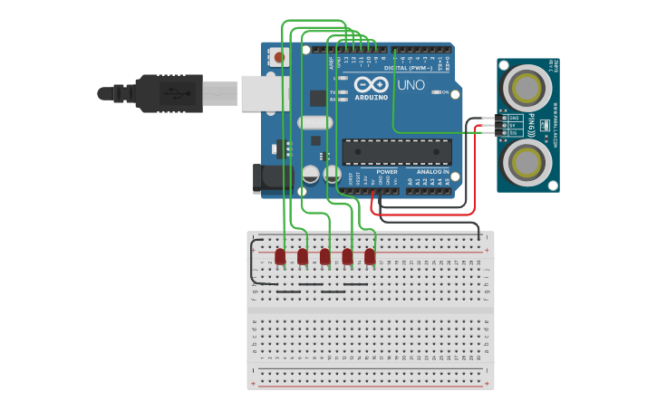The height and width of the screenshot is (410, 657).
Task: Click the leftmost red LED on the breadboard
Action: (280, 257)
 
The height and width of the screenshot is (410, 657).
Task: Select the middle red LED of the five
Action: (325, 257)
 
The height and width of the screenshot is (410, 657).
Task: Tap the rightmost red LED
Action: (370, 257)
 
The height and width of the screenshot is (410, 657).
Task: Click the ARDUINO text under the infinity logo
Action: (372, 97)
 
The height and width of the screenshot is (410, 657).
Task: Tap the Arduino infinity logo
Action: (371, 84)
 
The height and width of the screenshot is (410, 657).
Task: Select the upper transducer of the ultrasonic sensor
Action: (527, 88)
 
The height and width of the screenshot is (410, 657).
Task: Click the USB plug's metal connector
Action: (220, 92)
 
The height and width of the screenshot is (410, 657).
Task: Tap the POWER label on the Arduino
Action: (387, 171)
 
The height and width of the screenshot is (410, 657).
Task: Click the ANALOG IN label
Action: (432, 171)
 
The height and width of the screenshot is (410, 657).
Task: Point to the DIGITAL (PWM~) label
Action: (407, 67)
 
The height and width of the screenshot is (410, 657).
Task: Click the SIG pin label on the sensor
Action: (513, 132)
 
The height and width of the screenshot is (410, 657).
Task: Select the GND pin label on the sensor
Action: (514, 118)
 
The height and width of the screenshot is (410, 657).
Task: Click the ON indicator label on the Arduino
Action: (446, 92)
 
